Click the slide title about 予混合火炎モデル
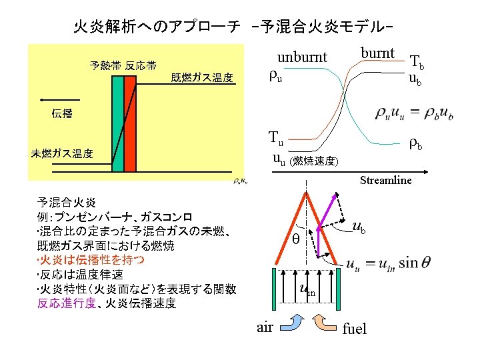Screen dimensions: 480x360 (x=233, y=27)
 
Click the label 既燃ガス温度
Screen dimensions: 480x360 (x=202, y=78)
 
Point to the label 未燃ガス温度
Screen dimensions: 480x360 (x=62, y=153)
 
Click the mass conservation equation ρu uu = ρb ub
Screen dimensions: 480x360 (x=413, y=114)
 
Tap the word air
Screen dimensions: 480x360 (x=265, y=327)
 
